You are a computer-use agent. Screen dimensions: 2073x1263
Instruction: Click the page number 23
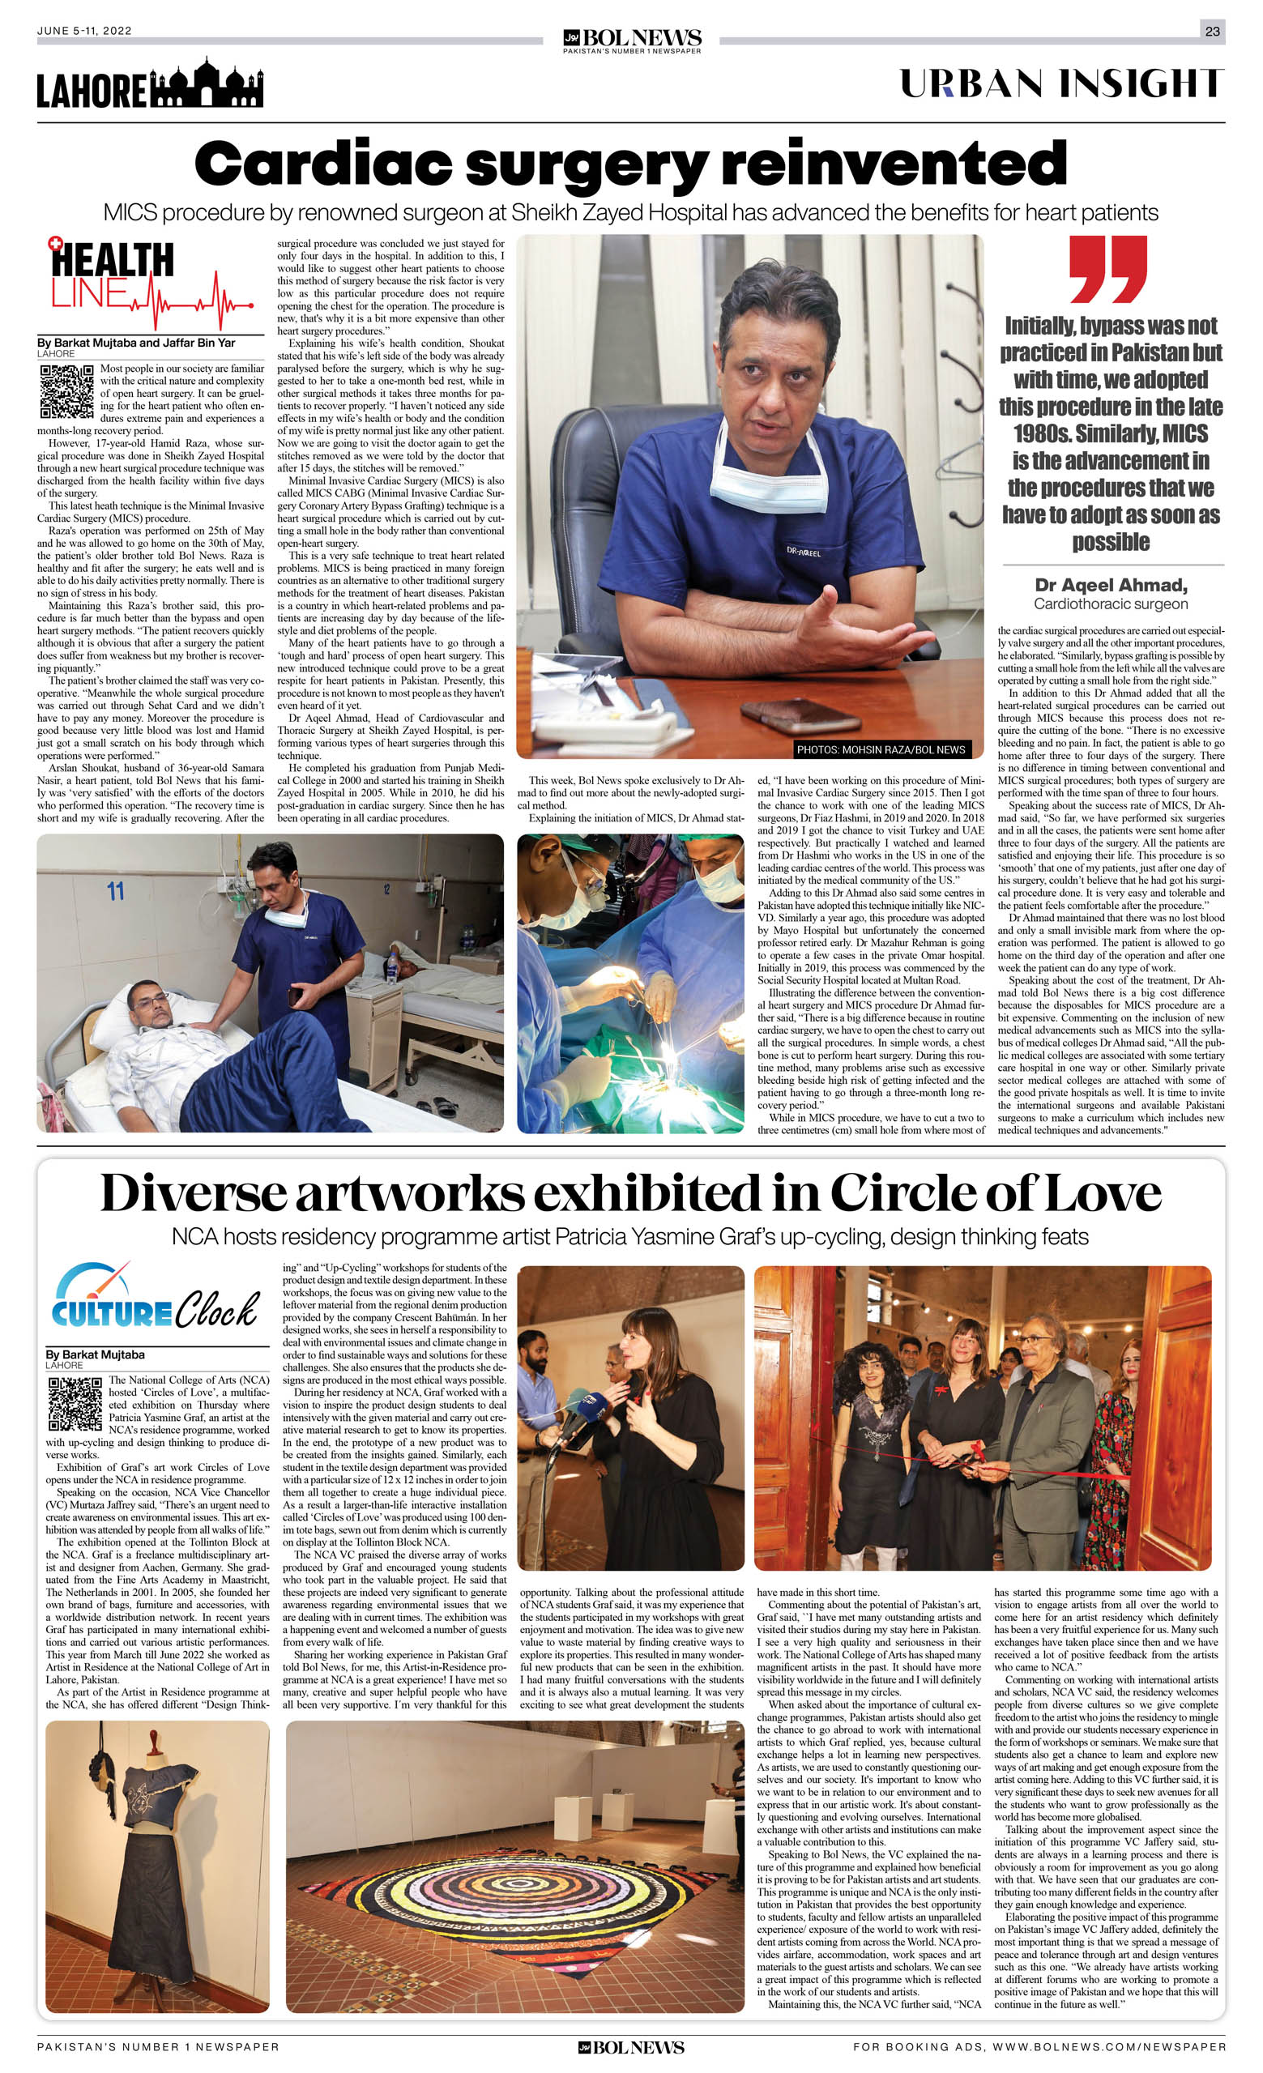(1212, 31)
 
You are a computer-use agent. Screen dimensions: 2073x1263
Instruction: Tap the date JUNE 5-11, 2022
(84, 31)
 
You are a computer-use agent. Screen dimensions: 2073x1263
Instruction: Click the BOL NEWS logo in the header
(632, 39)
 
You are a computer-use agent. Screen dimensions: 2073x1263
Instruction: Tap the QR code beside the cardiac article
(66, 391)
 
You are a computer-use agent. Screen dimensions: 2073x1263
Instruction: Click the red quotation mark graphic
(1109, 269)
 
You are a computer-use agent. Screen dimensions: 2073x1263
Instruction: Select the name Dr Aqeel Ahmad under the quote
(1110, 585)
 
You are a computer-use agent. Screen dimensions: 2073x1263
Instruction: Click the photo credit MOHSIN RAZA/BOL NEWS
(880, 749)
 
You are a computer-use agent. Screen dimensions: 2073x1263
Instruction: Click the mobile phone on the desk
(787, 713)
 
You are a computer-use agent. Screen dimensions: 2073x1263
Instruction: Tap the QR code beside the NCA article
(75, 1404)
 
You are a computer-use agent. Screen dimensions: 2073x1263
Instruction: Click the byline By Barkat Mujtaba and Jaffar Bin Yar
(136, 343)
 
